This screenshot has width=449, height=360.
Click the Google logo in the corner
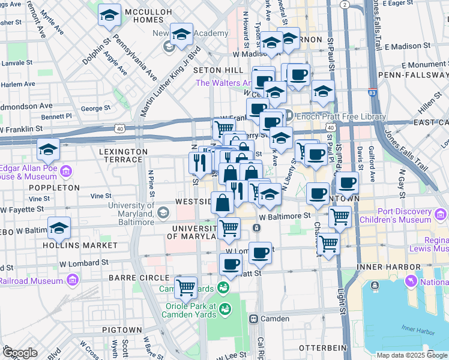[20, 352]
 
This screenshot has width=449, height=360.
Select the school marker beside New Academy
[181, 35]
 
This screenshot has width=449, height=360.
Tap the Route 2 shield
[343, 4]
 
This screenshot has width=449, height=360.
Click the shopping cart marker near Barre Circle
[186, 287]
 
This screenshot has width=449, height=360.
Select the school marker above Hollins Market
[59, 228]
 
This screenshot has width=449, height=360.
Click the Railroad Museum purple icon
[72, 280]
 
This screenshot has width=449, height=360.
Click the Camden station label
[274, 319]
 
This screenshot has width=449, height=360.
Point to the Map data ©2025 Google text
[412, 355]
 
